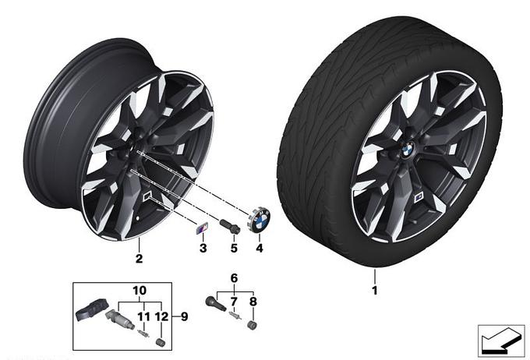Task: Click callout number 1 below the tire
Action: [374, 291]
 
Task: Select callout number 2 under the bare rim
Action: [139, 259]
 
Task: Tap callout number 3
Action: [203, 248]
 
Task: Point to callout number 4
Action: [260, 248]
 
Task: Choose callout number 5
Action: [234, 248]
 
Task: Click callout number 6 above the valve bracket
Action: [235, 278]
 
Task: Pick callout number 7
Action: [234, 302]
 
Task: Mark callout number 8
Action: [253, 302]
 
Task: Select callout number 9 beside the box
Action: [184, 316]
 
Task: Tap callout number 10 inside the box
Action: [140, 291]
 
